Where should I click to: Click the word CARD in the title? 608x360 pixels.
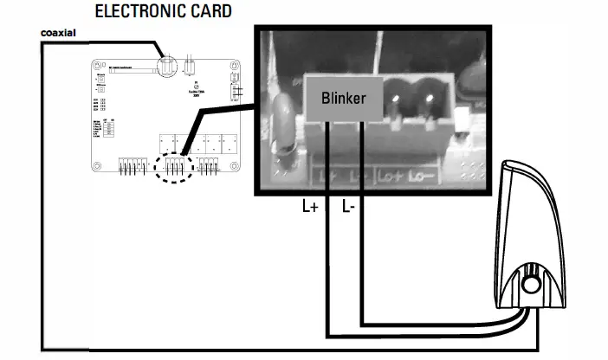pyautogui.click(x=210, y=12)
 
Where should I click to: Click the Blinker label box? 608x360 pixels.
pyautogui.click(x=343, y=98)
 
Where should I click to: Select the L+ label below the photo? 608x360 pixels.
pyautogui.click(x=310, y=208)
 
